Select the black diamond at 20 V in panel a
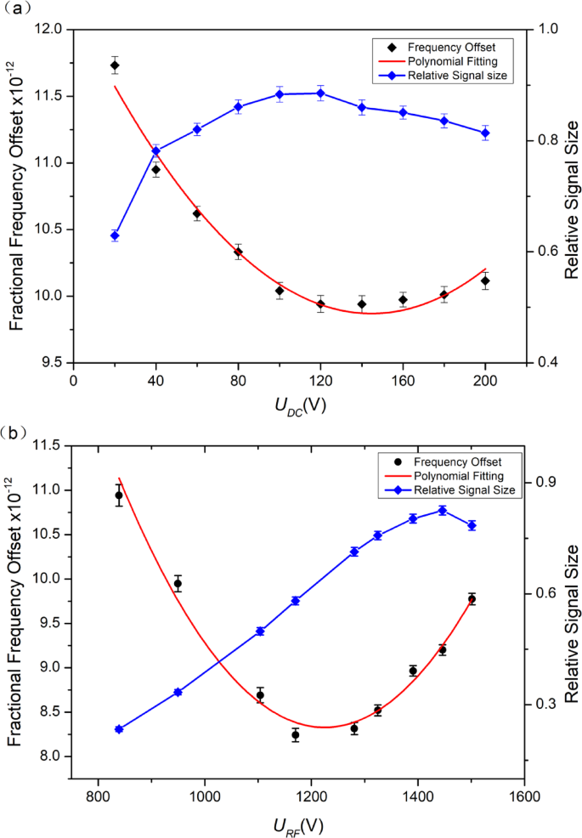point(115,65)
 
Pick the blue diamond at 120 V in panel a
point(320,93)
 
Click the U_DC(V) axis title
point(300,405)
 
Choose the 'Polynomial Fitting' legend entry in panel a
point(450,62)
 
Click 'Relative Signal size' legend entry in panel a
point(457,76)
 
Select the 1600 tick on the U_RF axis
point(525,798)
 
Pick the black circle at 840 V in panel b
point(119,495)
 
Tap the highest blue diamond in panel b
point(443,510)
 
